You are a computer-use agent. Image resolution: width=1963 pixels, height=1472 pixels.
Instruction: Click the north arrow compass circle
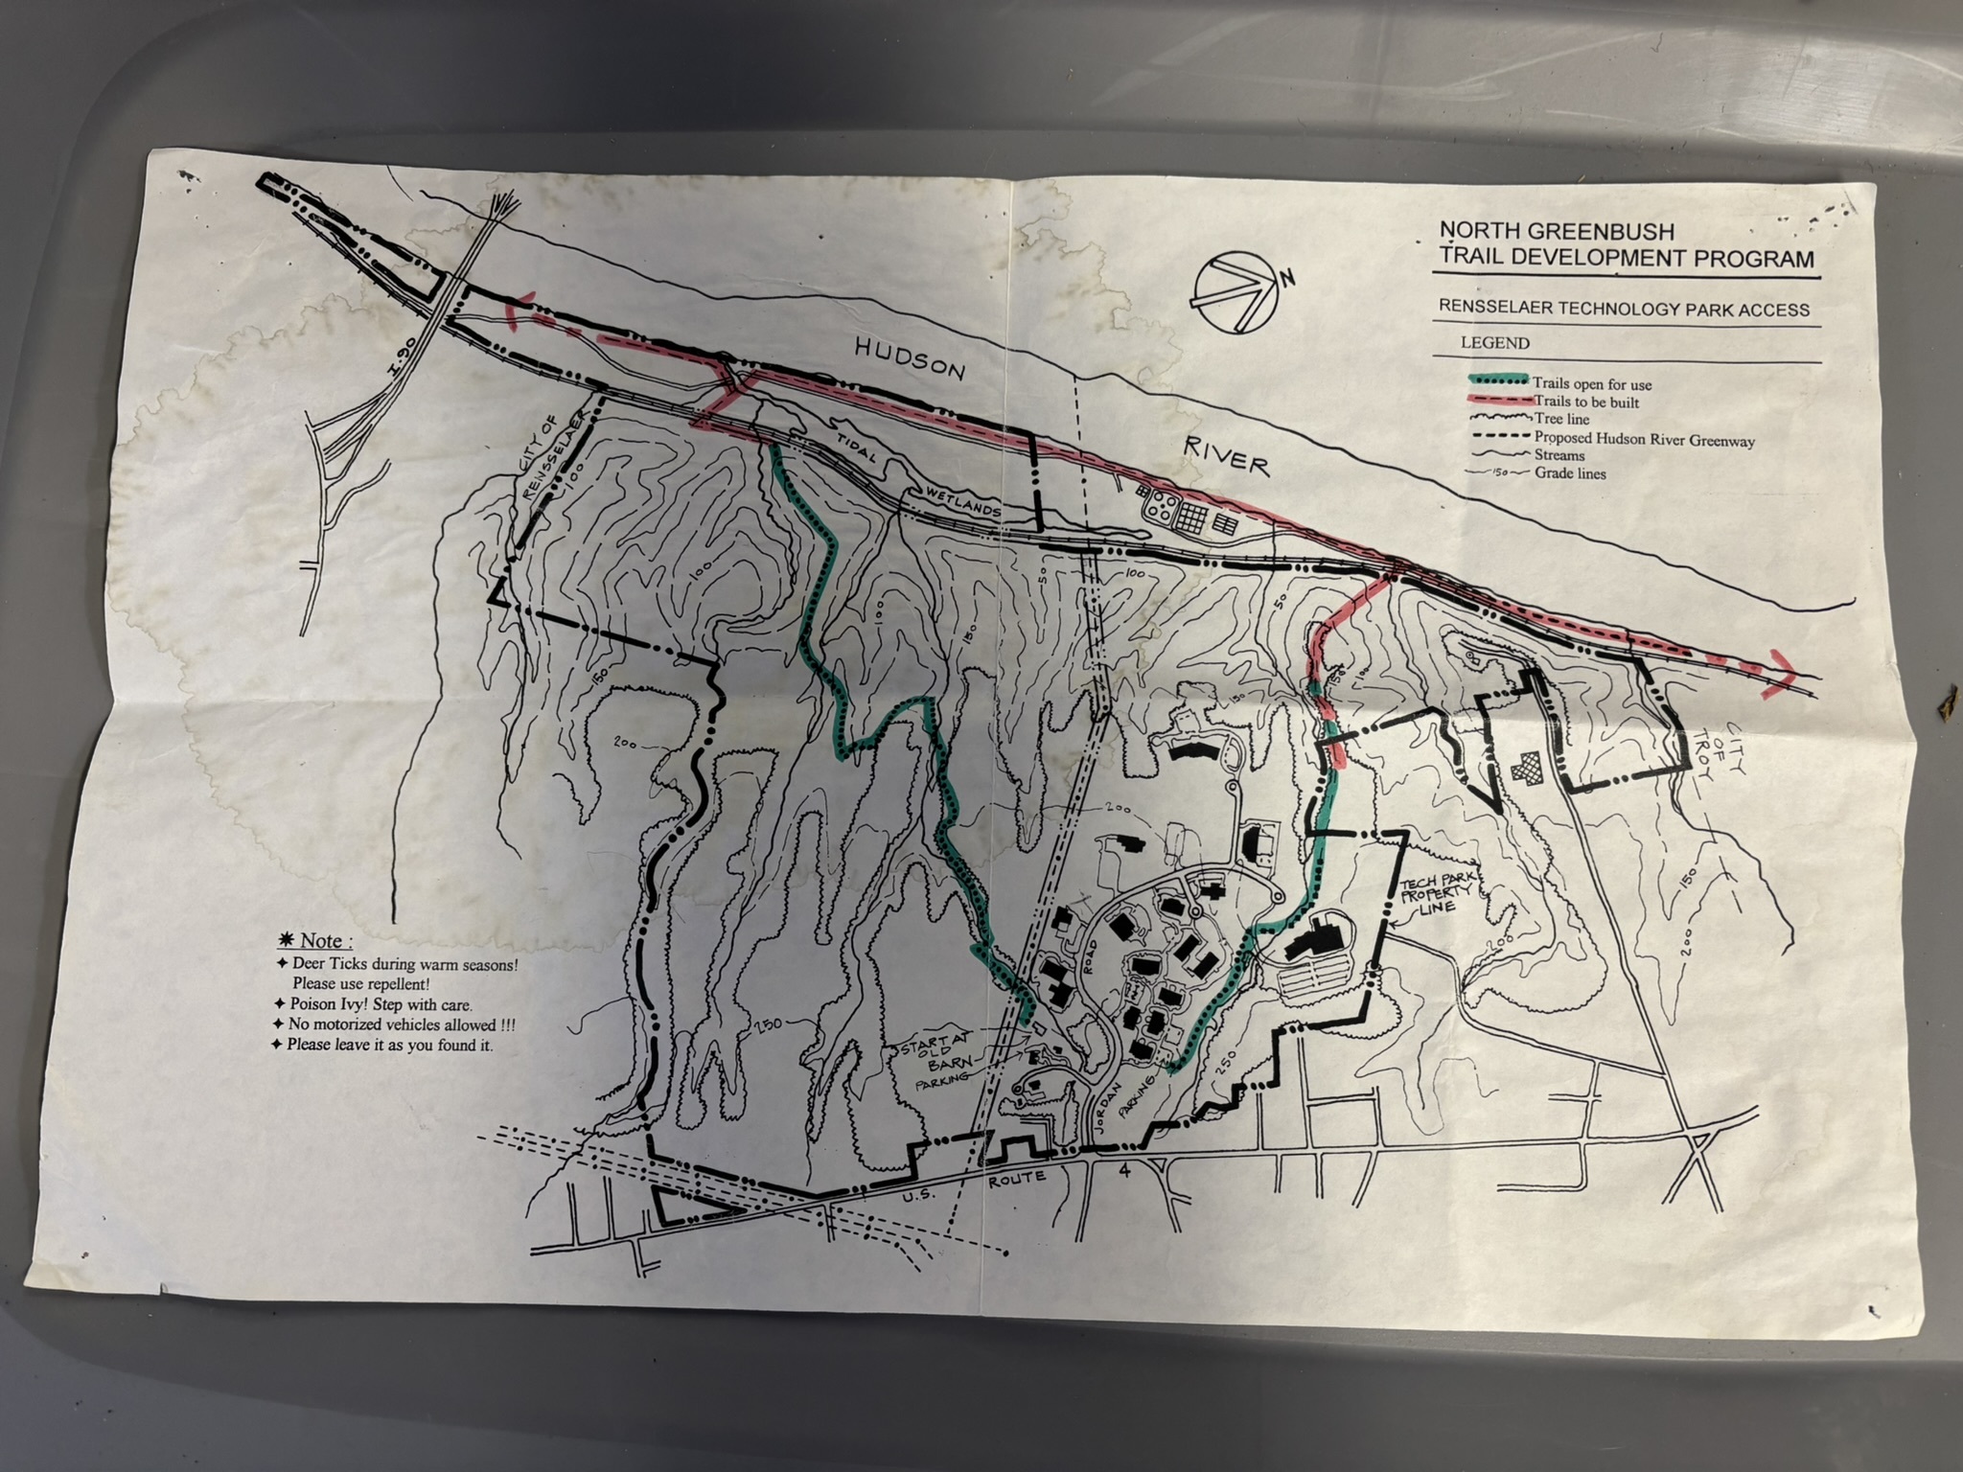tap(1236, 294)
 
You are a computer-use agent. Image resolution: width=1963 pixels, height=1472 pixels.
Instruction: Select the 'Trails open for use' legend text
tap(1592, 383)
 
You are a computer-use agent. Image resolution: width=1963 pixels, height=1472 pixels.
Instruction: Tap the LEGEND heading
tap(1495, 343)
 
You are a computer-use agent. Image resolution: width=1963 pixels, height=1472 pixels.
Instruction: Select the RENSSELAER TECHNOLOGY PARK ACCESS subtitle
tap(1623, 310)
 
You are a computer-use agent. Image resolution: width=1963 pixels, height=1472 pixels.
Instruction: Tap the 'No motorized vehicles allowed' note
tap(401, 1024)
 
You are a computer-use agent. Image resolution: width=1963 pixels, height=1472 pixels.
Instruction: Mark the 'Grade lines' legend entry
tap(1569, 473)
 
